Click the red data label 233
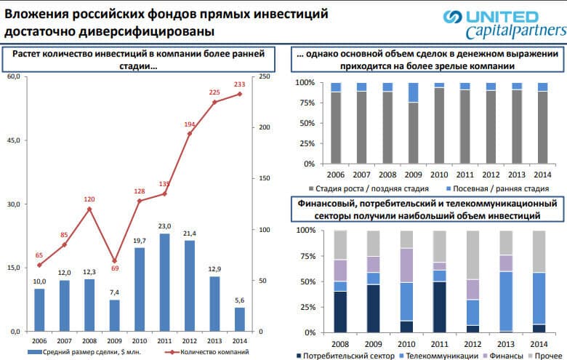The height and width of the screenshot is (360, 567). pos(239,84)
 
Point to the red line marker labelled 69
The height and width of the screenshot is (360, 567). pos(114,260)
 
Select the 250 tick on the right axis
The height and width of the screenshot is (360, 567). pos(265,76)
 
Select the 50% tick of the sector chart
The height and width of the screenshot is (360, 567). pos(306,281)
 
